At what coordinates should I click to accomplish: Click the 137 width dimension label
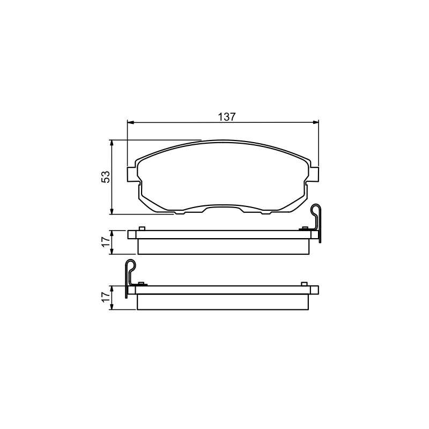point(226,117)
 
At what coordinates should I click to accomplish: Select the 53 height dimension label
point(106,177)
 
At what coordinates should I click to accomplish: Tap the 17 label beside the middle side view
point(106,242)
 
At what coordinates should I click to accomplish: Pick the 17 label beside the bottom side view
point(106,298)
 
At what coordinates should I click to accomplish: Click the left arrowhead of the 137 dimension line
point(130,122)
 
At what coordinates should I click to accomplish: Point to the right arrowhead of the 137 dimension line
point(316,122)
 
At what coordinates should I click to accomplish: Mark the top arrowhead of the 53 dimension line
point(112,143)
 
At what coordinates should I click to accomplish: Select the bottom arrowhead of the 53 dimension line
point(112,211)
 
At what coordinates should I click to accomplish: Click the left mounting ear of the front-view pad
point(131,174)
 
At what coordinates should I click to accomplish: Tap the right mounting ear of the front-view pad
point(314,174)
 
